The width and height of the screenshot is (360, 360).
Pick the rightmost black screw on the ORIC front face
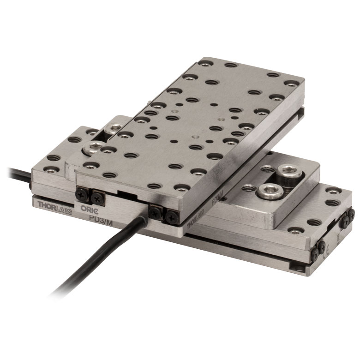pyautogui.click(x=171, y=215)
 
